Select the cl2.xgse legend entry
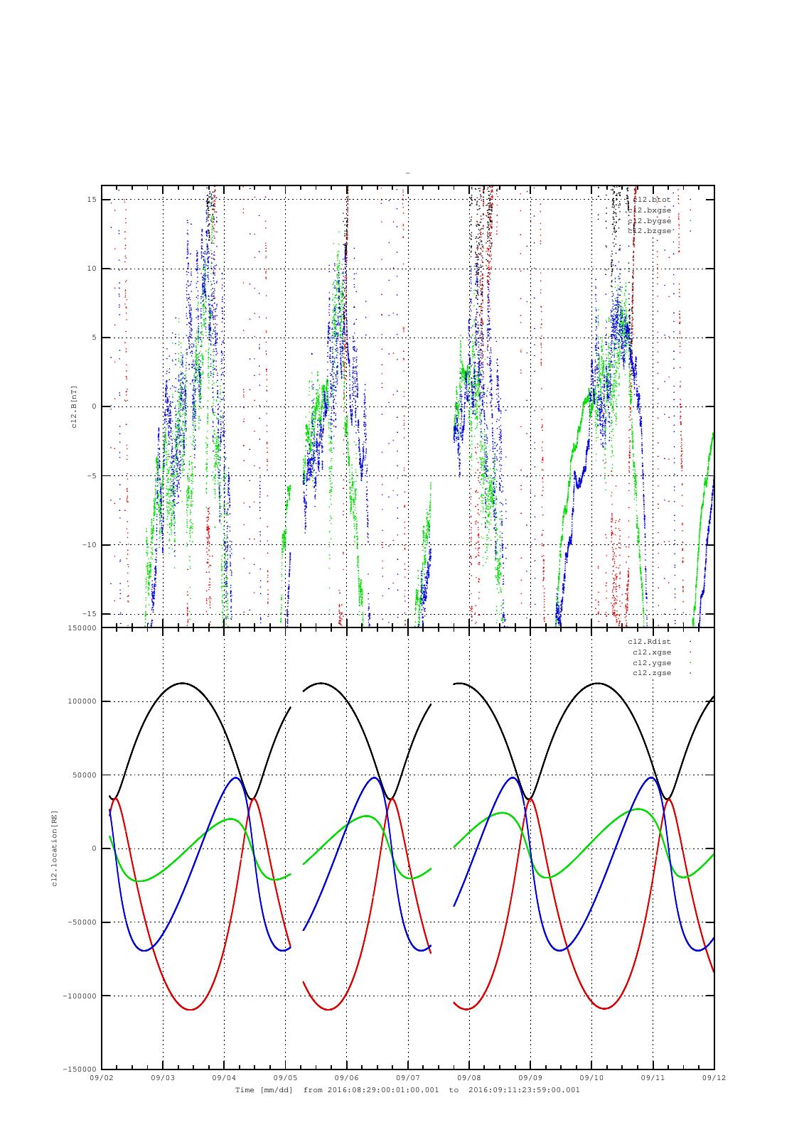click(651, 652)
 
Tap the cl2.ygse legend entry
click(651, 662)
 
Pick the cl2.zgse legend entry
click(651, 673)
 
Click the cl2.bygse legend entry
click(649, 221)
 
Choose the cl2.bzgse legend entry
click(649, 231)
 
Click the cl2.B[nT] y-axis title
click(75, 406)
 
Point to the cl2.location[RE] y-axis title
click(53, 848)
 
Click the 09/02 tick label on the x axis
click(101, 1078)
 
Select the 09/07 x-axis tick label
click(408, 1078)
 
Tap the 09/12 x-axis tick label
click(714, 1078)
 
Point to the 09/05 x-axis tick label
click(285, 1078)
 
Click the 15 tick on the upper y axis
click(91, 200)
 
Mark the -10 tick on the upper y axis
click(89, 545)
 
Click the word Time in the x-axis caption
click(244, 1089)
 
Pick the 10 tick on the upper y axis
click(91, 269)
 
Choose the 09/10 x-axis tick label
click(591, 1078)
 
